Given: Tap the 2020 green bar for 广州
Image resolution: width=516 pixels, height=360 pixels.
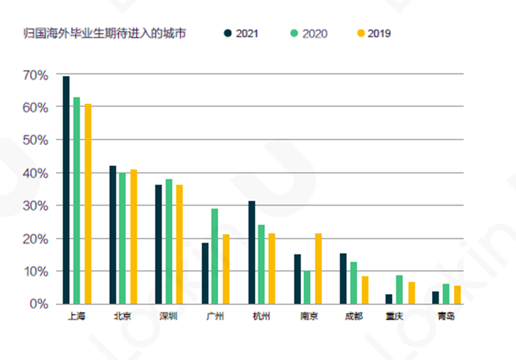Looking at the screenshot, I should click(214, 256).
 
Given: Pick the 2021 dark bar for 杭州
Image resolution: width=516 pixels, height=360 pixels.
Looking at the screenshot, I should click(252, 253).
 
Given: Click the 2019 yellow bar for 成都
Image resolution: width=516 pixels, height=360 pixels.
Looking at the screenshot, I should click(365, 290).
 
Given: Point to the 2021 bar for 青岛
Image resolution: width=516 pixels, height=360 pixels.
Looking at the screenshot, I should click(436, 298).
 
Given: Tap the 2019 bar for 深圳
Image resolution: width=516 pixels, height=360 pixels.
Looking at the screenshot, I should click(179, 245).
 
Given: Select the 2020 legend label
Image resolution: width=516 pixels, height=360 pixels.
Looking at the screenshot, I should click(315, 33).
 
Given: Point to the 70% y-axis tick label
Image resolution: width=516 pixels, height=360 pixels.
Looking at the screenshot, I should click(35, 75).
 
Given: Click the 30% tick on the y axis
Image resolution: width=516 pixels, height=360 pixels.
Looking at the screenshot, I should click(35, 206).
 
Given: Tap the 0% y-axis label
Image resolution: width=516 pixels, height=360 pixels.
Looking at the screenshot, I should click(38, 304).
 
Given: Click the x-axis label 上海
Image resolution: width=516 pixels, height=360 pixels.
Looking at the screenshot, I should click(75, 317).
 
